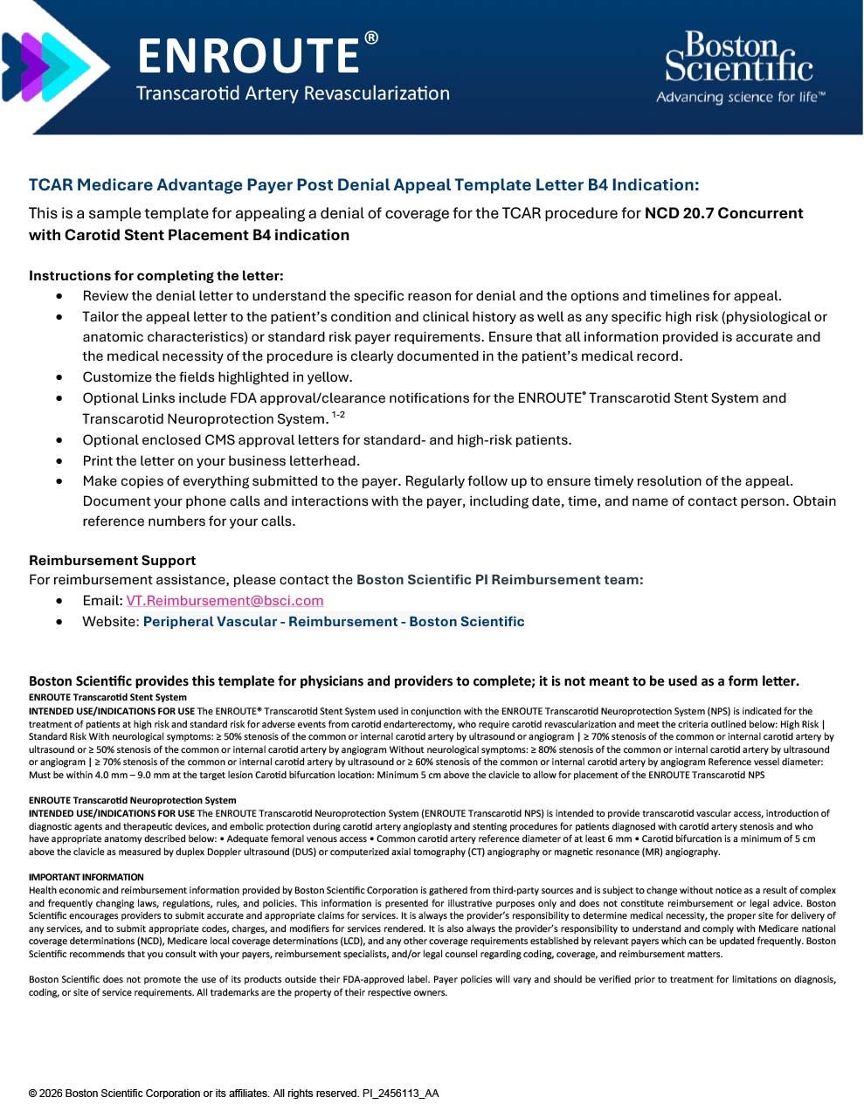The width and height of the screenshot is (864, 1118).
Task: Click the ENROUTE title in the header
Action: coord(248,56)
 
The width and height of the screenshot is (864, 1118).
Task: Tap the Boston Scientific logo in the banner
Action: coord(738,58)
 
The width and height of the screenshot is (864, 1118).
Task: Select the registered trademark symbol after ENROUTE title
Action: coord(371,38)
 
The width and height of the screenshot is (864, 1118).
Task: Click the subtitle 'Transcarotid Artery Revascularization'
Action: coord(293,93)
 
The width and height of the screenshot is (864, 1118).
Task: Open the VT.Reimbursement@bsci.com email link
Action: coord(225,601)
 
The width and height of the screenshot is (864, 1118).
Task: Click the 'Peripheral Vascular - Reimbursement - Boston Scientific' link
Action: coord(334,622)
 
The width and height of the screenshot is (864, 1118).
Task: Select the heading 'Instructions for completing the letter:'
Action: coord(156,276)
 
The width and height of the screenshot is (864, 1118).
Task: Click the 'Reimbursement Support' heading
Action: coord(112,561)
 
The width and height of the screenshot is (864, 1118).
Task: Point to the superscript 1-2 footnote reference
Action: coord(338,415)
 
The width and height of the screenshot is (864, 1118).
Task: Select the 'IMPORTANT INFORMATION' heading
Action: coord(86,877)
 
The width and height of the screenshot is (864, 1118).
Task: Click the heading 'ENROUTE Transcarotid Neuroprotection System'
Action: coord(132,800)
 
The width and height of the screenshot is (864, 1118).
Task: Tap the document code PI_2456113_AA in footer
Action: coord(400,1094)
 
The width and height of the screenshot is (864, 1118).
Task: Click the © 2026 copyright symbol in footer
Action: coord(33,1094)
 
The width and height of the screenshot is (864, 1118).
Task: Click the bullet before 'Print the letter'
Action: coord(59,461)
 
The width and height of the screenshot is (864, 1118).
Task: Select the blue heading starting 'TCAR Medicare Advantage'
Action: coord(363,185)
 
